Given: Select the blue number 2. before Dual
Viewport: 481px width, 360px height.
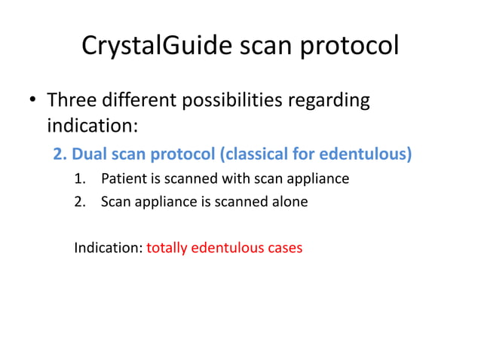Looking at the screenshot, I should [60, 154].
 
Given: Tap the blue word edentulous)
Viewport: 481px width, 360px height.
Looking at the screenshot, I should [366, 154].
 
